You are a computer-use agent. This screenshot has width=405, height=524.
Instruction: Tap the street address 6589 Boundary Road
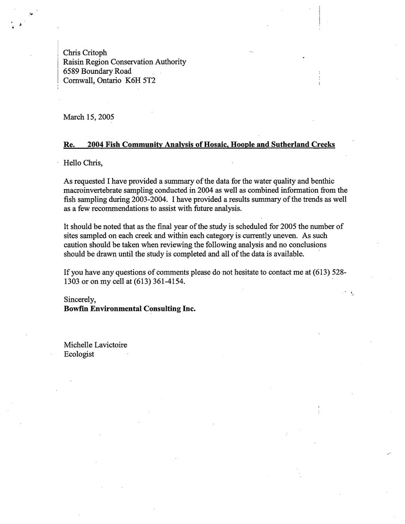[97, 71]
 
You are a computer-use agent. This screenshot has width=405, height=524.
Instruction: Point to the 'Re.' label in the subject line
[69, 144]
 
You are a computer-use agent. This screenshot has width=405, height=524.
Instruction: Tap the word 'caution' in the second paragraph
[76, 245]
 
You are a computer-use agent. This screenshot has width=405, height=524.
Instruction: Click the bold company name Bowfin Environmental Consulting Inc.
[129, 309]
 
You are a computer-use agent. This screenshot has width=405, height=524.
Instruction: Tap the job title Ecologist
[79, 354]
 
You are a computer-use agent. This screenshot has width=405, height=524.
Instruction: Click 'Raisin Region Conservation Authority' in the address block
[124, 62]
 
